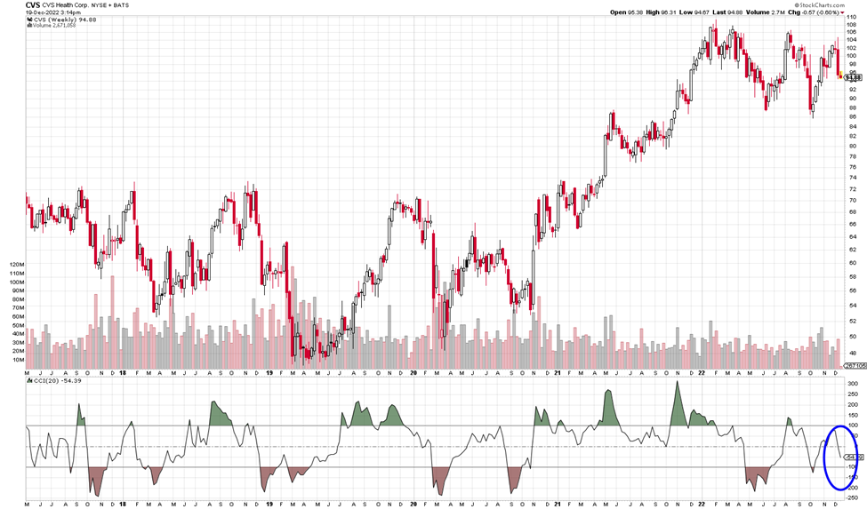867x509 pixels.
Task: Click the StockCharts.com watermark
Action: click(815, 4)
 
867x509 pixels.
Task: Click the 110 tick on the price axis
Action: click(852, 19)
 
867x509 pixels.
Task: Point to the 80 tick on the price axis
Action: click(852, 147)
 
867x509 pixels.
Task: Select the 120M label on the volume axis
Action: click(15, 266)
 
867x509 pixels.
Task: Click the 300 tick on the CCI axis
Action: click(852, 384)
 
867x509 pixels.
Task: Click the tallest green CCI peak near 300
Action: click(678, 384)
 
